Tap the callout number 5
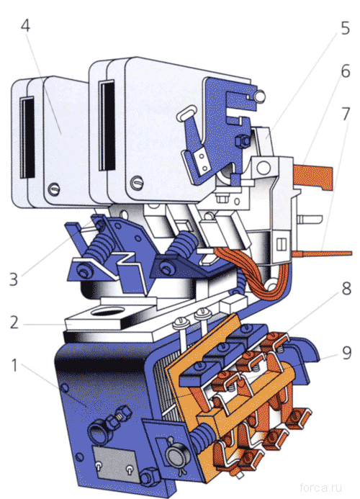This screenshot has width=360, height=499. (x=345, y=28)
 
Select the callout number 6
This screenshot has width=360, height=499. (x=346, y=71)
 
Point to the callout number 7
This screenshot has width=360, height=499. (x=346, y=114)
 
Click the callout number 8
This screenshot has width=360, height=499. (x=346, y=288)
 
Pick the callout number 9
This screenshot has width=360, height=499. (x=346, y=352)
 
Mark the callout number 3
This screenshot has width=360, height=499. (x=14, y=279)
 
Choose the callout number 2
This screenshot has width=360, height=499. (x=14, y=322)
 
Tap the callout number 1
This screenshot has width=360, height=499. (x=14, y=365)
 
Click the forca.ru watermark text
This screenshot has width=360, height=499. (x=321, y=487)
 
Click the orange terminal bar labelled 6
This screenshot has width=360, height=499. (x=313, y=177)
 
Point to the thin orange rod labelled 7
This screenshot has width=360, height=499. (x=322, y=253)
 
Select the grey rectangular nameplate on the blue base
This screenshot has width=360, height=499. (x=114, y=462)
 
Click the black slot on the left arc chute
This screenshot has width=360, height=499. (x=27, y=138)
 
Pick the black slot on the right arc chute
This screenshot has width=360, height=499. (x=107, y=126)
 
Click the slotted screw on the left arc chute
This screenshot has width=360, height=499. (x=54, y=190)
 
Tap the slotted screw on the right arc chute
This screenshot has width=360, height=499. (x=137, y=183)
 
